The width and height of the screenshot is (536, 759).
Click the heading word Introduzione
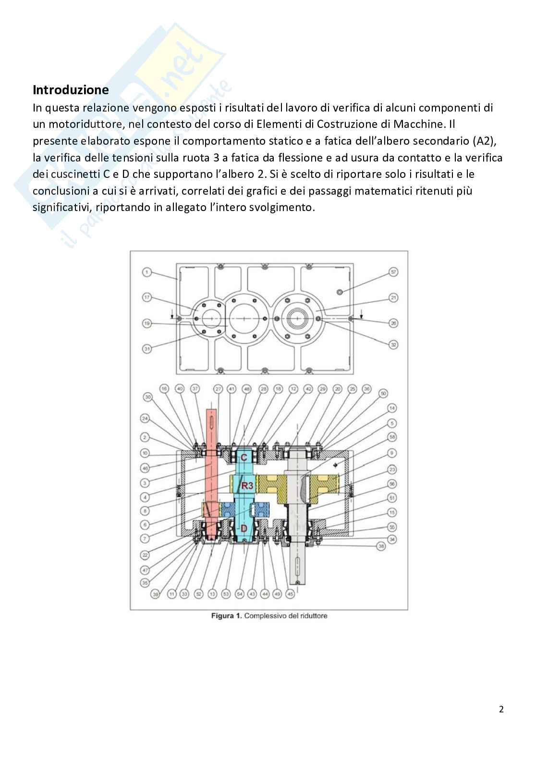[71, 90]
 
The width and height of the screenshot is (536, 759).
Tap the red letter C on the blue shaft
[244, 457]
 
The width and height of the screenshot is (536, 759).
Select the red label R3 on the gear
[247, 485]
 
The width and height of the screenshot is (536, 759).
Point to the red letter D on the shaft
[244, 528]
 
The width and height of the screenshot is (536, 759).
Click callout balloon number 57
[393, 273]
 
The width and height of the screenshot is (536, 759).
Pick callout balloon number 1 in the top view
[146, 273]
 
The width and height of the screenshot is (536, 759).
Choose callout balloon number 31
[146, 349]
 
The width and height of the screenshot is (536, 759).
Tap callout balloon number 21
[393, 298]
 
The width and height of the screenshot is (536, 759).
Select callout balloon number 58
[392, 437]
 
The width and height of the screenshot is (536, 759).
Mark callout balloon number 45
[290, 594]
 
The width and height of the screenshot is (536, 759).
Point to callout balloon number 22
[146, 554]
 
